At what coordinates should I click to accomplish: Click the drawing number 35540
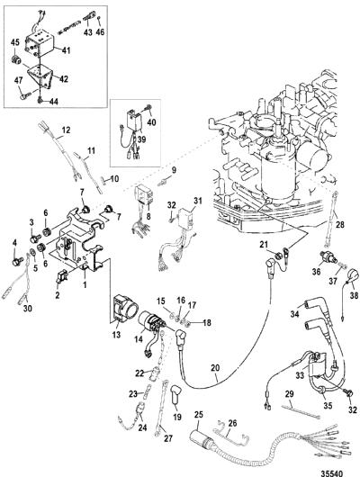[332, 473]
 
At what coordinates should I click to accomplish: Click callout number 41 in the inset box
[66, 49]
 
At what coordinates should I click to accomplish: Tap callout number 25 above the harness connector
[199, 415]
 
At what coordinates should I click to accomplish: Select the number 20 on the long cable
[215, 368]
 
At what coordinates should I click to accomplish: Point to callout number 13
[116, 334]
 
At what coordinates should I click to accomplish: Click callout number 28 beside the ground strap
[340, 225]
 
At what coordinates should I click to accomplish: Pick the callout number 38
[354, 295]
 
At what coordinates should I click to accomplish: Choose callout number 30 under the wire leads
[27, 308]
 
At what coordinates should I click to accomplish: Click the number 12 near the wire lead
[66, 130]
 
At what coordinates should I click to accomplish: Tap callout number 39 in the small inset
[141, 139]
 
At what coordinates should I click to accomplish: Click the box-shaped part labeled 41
[40, 44]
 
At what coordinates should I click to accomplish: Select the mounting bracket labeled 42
[40, 76]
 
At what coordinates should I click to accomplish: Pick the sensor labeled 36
[328, 257]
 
